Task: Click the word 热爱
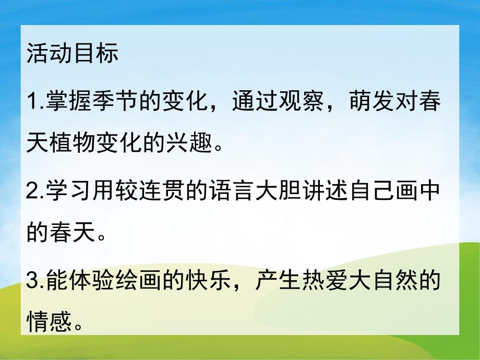click(317, 282)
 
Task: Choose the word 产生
click(271, 282)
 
